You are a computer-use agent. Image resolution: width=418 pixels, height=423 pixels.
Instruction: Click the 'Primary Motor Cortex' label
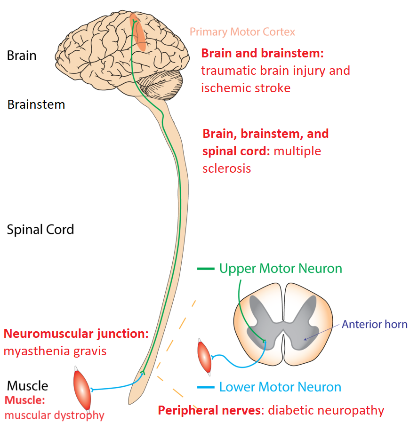(x=242, y=32)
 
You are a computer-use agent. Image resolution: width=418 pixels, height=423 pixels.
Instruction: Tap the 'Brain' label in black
(x=22, y=56)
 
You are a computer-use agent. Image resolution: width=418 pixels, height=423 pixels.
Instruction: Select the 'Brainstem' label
(x=36, y=104)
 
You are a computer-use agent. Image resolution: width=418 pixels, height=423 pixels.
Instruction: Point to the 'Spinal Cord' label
(x=40, y=230)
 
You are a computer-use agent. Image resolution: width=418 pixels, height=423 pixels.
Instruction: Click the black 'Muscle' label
(x=27, y=386)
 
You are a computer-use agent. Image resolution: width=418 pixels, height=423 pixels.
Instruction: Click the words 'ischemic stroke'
(x=246, y=88)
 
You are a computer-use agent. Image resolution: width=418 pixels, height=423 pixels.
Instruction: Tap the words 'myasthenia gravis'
(x=55, y=351)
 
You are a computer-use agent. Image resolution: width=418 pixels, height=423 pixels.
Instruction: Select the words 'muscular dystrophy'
(x=54, y=415)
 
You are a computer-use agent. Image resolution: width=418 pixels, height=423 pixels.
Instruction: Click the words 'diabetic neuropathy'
(x=326, y=410)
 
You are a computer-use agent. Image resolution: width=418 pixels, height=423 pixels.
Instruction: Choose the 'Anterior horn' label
(x=374, y=324)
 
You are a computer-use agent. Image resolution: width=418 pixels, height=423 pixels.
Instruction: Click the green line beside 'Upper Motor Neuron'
(x=206, y=269)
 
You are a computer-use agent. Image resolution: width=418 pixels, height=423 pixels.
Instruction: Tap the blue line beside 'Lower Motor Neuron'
(x=206, y=388)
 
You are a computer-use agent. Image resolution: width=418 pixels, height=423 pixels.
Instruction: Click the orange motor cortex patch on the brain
(x=140, y=33)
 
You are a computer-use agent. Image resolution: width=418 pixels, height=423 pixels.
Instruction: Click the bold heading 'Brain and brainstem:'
(x=263, y=53)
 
